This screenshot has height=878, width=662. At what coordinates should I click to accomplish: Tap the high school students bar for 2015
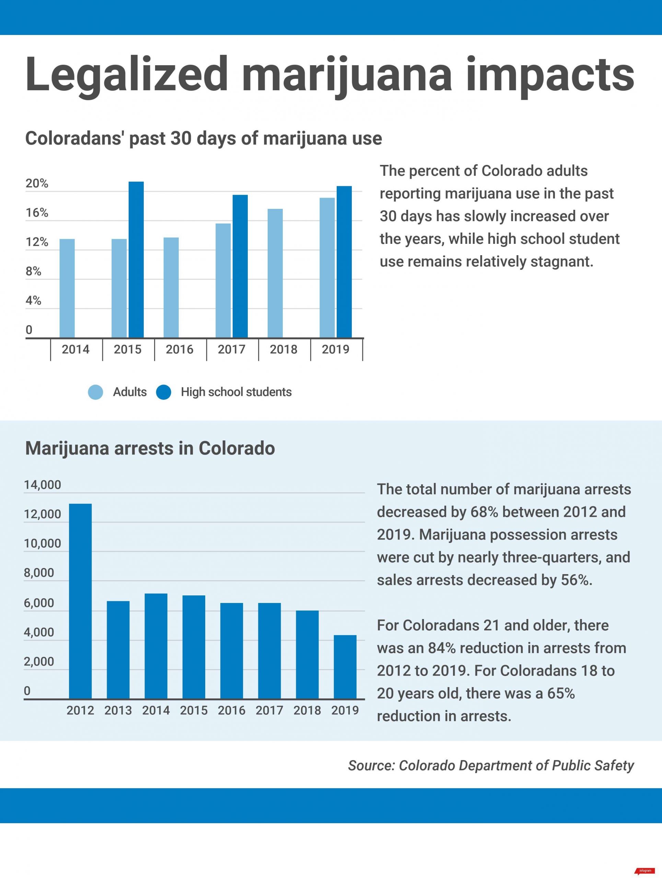coord(136,260)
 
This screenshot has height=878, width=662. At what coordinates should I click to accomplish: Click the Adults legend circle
coord(95,392)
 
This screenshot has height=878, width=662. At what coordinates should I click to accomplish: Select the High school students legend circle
coord(164,392)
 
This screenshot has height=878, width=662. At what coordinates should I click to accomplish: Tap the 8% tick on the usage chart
coord(33,272)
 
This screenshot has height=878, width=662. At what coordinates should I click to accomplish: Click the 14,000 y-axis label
coord(43,485)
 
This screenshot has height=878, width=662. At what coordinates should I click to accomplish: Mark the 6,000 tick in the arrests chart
coord(38,603)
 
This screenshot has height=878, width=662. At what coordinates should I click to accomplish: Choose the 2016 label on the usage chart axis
coord(179,349)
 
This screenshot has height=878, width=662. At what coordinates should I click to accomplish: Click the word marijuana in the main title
coord(347,75)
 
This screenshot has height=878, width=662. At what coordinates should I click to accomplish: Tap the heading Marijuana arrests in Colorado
coord(150,448)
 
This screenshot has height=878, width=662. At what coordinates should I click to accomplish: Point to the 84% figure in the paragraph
coord(441,648)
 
